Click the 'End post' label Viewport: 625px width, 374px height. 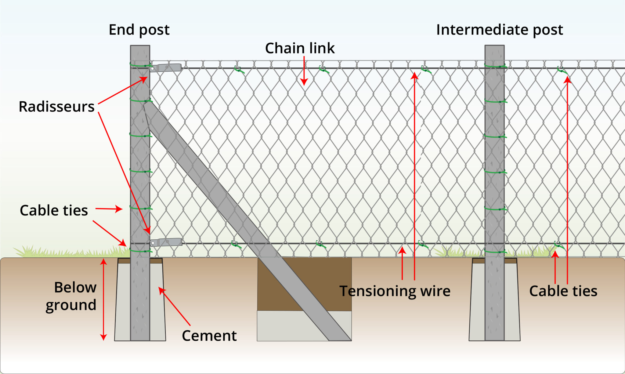(x=139, y=30)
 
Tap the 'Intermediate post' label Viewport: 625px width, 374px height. (x=499, y=30)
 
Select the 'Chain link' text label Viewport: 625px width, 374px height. (x=300, y=48)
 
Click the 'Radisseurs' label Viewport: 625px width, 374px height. (x=56, y=107)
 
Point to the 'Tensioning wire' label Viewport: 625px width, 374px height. (x=395, y=291)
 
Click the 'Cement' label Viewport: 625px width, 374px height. (x=209, y=336)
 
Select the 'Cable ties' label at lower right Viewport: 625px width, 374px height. (x=563, y=291)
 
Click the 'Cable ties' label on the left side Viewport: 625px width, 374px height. (x=54, y=210)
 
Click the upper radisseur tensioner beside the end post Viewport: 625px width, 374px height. (x=166, y=67)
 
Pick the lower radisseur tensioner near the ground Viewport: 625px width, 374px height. (x=167, y=242)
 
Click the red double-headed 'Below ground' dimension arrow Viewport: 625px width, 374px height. (x=104, y=299)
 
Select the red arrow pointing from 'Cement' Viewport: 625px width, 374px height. (x=175, y=306)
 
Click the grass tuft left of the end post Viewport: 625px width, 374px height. (x=70, y=252)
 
